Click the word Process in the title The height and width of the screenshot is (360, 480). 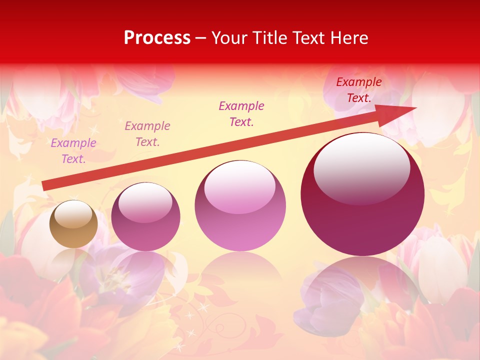(157, 37)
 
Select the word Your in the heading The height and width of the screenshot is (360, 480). (229, 37)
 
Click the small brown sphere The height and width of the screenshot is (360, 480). (73, 224)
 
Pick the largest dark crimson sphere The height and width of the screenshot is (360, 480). (362, 200)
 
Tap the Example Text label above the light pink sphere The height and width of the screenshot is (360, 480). (241, 113)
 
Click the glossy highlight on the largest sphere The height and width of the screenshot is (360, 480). (361, 167)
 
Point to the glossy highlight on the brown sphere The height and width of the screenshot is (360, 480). (73, 214)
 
